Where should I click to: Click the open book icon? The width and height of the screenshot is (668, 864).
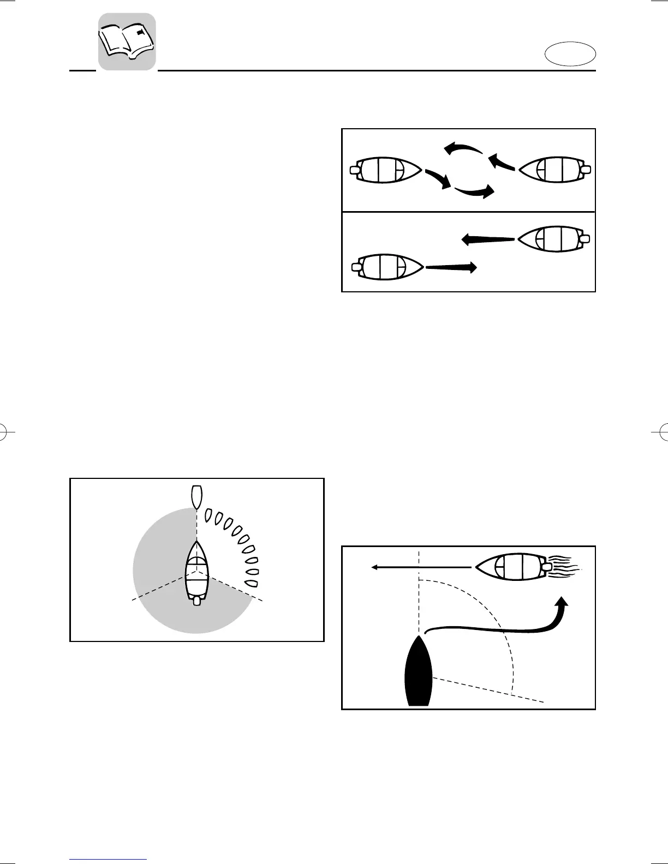(127, 42)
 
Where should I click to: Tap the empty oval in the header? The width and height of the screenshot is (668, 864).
(570, 55)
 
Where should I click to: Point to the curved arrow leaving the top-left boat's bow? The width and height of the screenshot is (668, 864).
(438, 179)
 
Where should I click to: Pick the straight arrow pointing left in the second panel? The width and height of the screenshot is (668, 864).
(488, 239)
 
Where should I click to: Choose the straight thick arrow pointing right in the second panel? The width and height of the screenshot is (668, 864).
(451, 267)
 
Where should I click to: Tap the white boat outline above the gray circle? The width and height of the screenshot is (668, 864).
(196, 496)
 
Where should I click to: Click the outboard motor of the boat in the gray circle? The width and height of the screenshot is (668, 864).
(197, 601)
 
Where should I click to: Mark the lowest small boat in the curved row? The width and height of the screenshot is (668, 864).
(250, 583)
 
